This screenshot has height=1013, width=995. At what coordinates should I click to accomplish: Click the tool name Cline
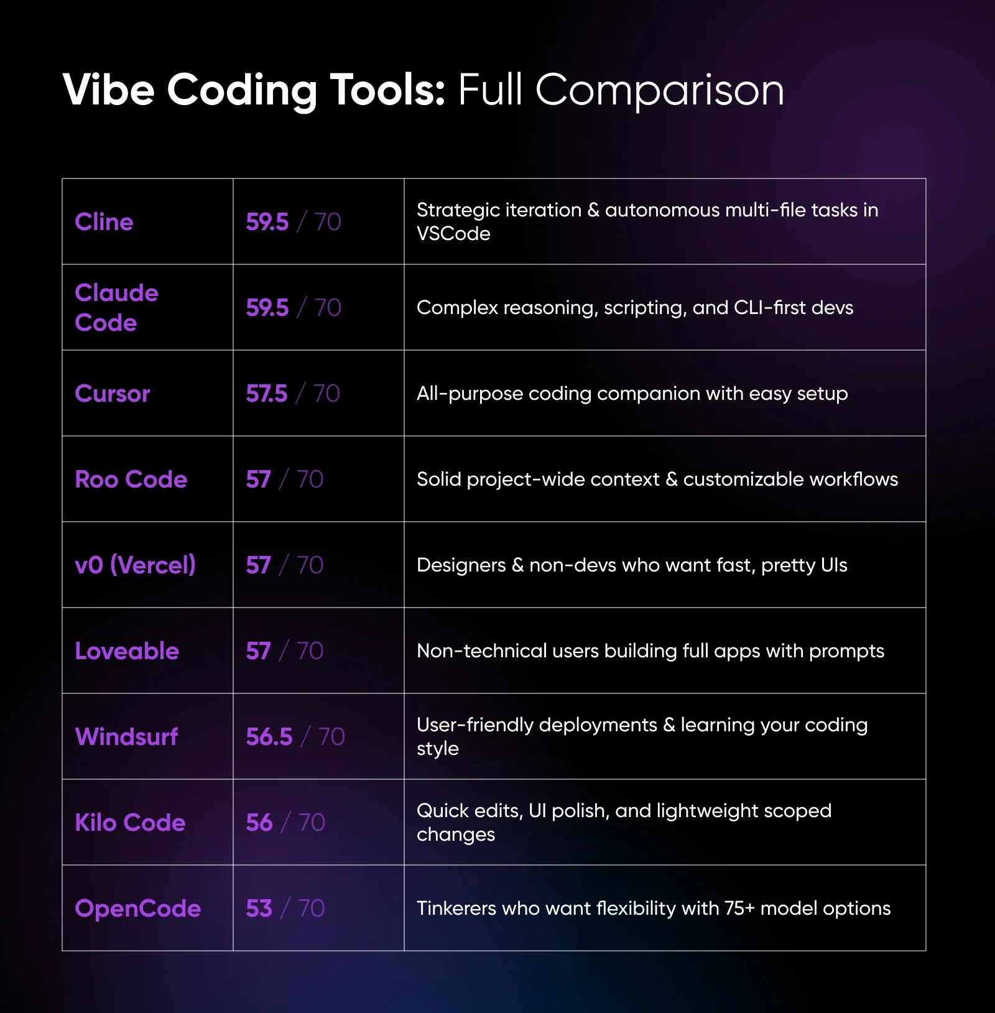tap(104, 222)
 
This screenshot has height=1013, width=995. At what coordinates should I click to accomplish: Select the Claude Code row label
tap(116, 308)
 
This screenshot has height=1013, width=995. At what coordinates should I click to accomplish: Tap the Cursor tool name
tap(113, 394)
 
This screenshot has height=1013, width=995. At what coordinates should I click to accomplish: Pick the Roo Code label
tap(131, 479)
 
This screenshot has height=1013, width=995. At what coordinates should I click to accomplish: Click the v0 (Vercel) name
tap(135, 565)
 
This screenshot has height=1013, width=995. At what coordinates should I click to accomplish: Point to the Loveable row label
tap(127, 651)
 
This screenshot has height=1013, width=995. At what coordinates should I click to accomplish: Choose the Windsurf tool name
tap(126, 737)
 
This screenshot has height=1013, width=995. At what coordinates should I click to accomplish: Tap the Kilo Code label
tap(130, 823)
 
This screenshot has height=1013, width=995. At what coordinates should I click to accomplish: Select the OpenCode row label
tap(137, 909)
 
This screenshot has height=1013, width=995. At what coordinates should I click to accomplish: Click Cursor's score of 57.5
tap(267, 394)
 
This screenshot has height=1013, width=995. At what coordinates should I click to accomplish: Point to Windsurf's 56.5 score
tap(269, 737)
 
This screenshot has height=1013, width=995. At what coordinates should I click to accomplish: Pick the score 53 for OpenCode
tap(259, 909)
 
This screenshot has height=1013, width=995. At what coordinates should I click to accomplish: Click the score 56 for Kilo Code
tap(259, 823)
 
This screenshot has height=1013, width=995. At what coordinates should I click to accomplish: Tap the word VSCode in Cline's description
tap(453, 234)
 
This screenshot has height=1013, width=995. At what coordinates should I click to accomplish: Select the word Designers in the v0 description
tap(461, 565)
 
